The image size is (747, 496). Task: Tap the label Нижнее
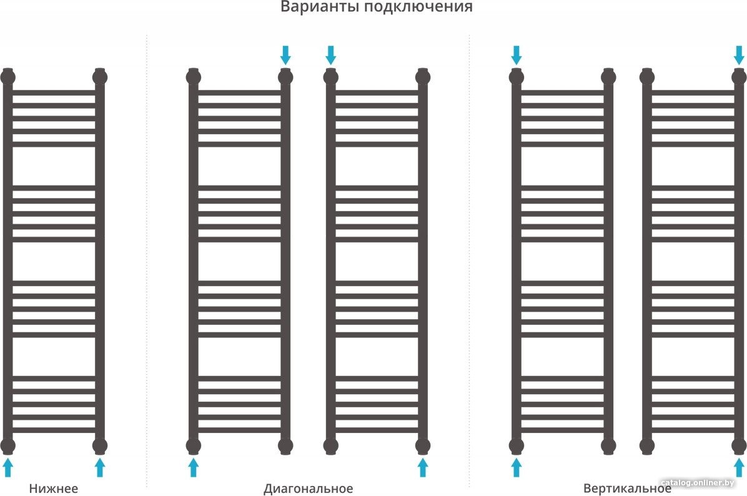[53, 489]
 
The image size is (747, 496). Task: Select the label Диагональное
[309, 489]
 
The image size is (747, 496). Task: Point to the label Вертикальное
[627, 489]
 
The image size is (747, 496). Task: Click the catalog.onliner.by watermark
[698, 483]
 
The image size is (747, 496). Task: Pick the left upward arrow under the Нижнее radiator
[7, 467]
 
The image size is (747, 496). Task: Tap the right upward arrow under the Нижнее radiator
[99, 467]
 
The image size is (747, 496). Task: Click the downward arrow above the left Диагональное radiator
[285, 55]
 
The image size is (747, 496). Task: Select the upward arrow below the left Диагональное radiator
[193, 467]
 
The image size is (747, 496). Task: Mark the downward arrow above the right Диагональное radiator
[330, 55]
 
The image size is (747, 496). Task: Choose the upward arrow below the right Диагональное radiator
[423, 467]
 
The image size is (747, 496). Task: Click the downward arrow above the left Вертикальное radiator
[517, 55]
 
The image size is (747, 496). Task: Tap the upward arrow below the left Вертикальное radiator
[517, 467]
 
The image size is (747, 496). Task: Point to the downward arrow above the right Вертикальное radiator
[739, 55]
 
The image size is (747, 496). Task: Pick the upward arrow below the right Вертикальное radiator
[739, 467]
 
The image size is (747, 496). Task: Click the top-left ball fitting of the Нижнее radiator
[7, 77]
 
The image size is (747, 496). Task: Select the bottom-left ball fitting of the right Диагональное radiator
[330, 447]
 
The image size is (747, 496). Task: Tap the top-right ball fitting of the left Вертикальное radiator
[608, 77]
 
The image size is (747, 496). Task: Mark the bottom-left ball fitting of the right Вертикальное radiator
[647, 447]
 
